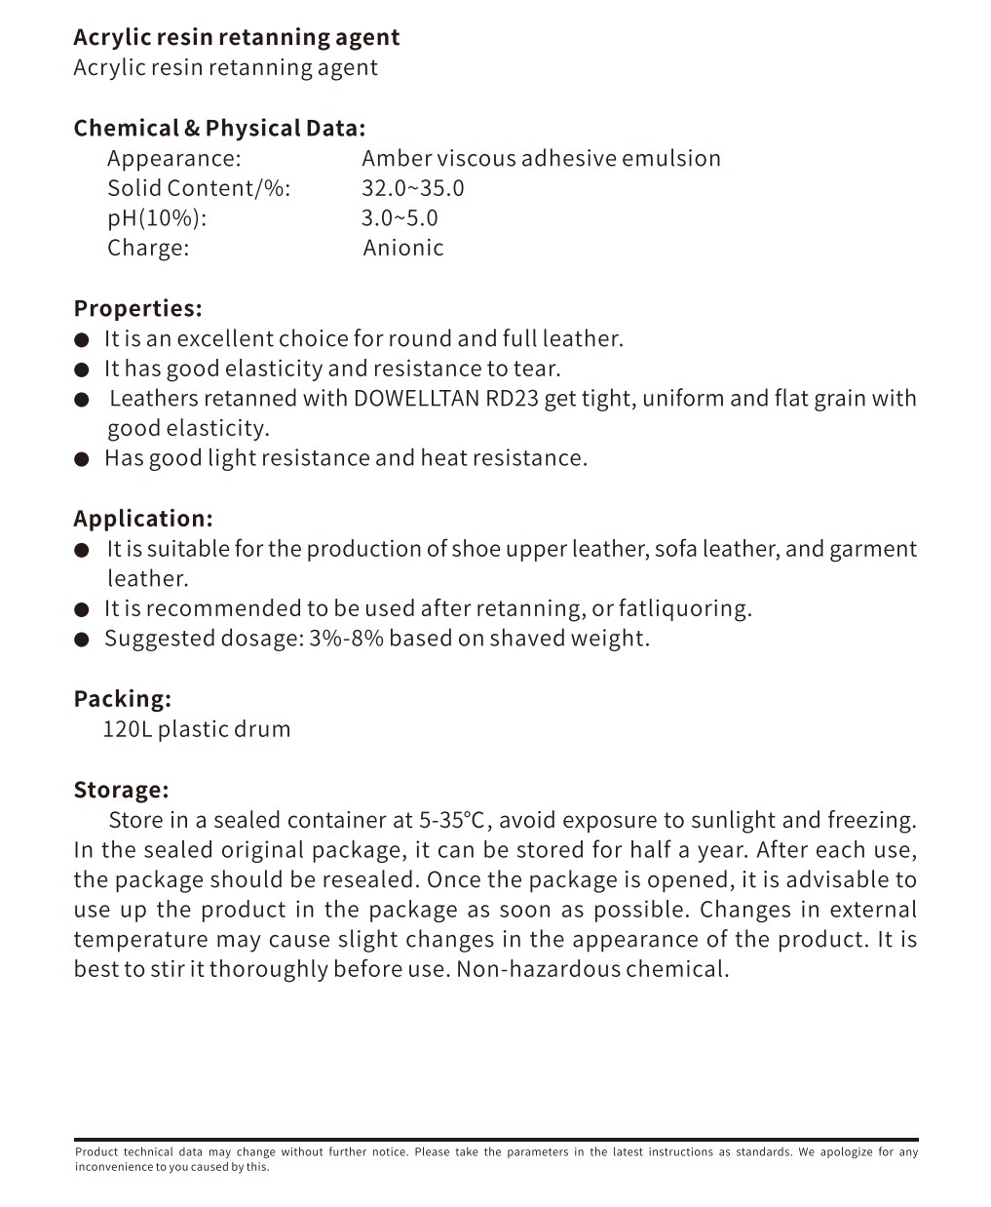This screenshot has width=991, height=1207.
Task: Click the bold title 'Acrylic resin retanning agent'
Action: (x=236, y=37)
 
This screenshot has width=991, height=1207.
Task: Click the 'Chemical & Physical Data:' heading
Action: (x=219, y=128)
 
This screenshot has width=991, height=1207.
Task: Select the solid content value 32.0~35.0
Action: (x=412, y=188)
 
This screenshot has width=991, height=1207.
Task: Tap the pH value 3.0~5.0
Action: (x=400, y=217)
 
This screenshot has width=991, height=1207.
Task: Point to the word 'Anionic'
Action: (x=403, y=248)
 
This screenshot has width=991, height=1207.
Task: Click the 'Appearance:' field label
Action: (x=173, y=158)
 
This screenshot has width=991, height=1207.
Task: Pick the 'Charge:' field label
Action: (x=148, y=248)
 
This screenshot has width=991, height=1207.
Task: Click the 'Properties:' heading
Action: (x=137, y=308)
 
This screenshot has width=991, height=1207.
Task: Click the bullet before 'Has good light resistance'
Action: (x=83, y=458)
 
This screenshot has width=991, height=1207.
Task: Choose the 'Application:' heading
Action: (x=142, y=518)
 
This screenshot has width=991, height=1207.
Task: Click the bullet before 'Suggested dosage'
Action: (x=83, y=640)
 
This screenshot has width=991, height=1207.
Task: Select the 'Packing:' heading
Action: (x=122, y=698)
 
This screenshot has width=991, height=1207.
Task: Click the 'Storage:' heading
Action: (x=121, y=789)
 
